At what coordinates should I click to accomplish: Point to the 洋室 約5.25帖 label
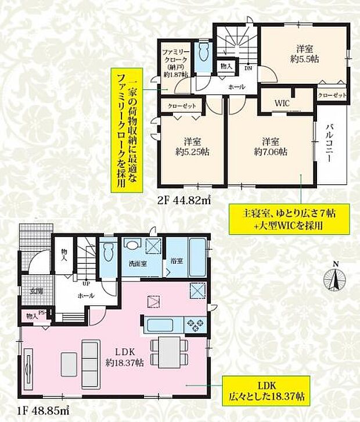click(x=193, y=146)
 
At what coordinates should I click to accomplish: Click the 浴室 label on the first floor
click(x=177, y=262)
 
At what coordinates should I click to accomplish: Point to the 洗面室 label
click(x=138, y=263)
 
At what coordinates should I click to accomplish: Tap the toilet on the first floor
click(x=107, y=254)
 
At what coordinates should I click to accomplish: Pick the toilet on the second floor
click(x=203, y=55)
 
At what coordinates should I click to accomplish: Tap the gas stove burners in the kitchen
click(x=194, y=324)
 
